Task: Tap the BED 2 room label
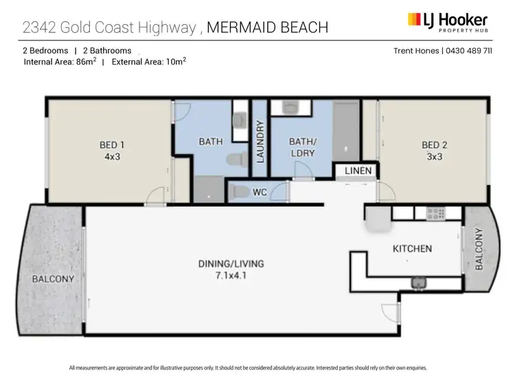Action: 434,145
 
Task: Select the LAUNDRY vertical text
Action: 260,142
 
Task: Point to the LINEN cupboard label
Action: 358,170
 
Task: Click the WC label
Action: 260,192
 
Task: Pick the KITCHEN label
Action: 412,248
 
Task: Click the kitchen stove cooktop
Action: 436,214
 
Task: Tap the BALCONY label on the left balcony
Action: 53,280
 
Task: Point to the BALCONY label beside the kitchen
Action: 479,250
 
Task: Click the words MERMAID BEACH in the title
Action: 267,27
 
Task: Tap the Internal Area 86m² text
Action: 60,61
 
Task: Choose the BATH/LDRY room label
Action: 301,147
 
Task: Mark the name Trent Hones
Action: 416,51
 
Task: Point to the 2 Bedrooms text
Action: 46,51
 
